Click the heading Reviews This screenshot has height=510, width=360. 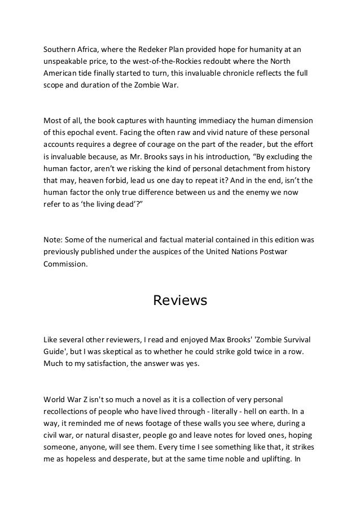pyautogui.click(x=180, y=300)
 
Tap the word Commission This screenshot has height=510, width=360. pyautogui.click(x=65, y=265)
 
